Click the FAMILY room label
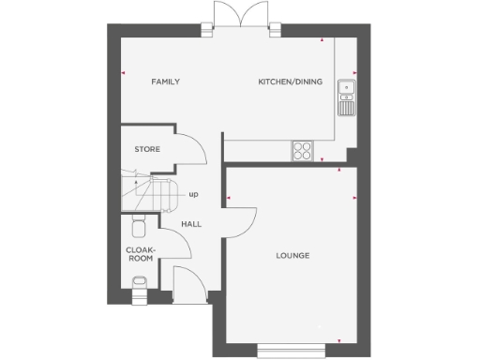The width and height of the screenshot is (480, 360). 166,82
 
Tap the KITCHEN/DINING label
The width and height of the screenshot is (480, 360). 291,82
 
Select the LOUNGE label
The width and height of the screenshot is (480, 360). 292,256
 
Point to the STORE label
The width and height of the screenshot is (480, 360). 147,149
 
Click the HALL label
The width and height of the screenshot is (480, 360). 191,224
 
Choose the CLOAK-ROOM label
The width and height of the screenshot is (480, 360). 141,254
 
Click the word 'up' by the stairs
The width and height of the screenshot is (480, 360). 193,195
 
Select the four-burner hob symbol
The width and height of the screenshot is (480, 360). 304,149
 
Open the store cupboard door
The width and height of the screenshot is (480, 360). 188,150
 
